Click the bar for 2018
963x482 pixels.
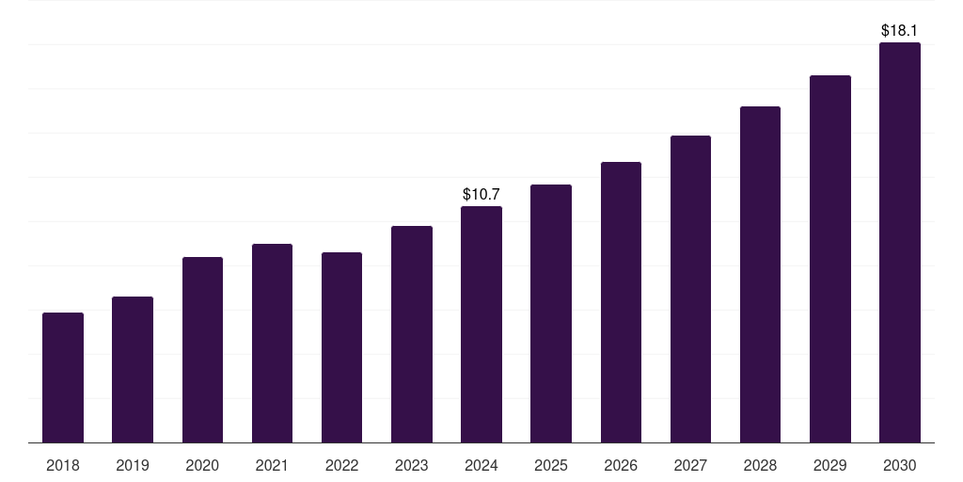click(63, 378)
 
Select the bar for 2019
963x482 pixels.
click(133, 370)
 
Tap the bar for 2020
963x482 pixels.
click(202, 350)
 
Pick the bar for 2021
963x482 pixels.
click(272, 344)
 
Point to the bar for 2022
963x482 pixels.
click(341, 347)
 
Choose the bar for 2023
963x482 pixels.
click(412, 334)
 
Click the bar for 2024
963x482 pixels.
click(481, 325)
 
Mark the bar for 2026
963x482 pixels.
click(621, 302)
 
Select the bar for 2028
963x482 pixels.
click(760, 275)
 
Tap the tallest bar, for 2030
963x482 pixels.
click(899, 243)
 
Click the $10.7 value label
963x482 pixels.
click(481, 195)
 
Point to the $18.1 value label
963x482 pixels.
click(899, 31)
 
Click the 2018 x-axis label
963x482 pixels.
click(63, 466)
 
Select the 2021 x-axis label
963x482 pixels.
click(272, 466)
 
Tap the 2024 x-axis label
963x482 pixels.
click(481, 466)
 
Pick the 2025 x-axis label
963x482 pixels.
click(551, 466)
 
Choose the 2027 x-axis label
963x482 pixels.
click(690, 466)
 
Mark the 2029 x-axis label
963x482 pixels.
click(829, 466)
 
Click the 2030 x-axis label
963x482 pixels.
click(899, 466)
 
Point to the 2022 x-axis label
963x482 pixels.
click(341, 466)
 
